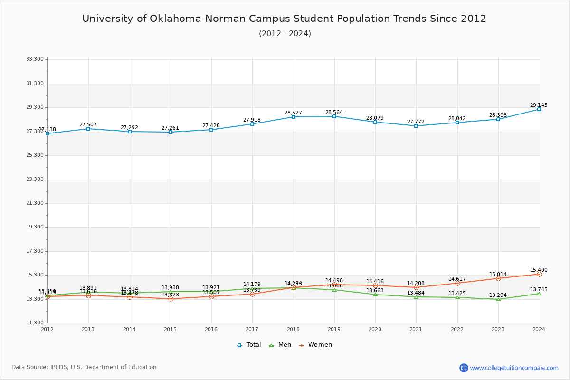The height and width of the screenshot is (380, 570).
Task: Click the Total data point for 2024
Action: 539,109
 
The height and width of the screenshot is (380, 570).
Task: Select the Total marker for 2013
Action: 88,129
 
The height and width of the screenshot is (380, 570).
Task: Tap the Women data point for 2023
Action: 498,278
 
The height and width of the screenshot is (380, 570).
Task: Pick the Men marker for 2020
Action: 375,294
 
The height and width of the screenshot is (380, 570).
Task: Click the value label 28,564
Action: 334,113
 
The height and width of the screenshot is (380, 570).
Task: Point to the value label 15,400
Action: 539,270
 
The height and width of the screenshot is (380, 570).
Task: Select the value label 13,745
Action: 539,290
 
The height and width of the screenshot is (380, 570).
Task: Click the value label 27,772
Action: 416,122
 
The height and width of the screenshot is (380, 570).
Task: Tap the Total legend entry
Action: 249,345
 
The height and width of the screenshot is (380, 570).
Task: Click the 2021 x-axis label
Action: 416,329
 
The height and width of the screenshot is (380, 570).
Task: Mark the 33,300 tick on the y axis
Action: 35,59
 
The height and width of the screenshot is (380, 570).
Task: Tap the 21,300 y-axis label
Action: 35,203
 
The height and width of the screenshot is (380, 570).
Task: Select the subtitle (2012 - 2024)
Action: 285,34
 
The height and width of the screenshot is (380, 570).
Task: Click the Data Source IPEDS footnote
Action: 84,367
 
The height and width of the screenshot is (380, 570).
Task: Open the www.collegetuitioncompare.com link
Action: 514,368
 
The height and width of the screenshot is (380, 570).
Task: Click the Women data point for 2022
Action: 457,283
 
